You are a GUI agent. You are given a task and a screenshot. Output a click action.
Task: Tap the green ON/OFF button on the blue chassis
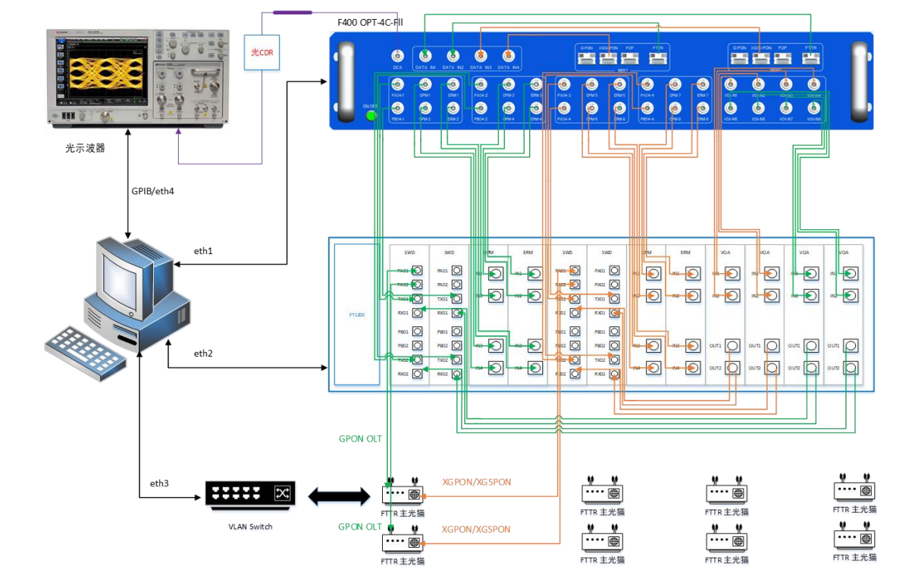(x=371, y=115)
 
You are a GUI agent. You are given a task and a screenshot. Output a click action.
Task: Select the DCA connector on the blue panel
(x=396, y=56)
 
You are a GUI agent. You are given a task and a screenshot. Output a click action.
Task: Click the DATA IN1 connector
(x=426, y=55)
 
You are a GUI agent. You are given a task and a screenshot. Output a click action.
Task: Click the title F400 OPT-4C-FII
(x=370, y=23)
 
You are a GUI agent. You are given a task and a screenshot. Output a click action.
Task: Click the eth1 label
(x=203, y=250)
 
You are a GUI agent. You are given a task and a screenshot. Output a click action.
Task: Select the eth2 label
(x=203, y=354)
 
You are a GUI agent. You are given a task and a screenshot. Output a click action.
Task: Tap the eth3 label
(x=158, y=483)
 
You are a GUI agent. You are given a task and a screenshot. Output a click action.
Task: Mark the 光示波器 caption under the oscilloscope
(x=85, y=149)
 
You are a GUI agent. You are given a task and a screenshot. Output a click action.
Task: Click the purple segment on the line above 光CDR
(x=292, y=12)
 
